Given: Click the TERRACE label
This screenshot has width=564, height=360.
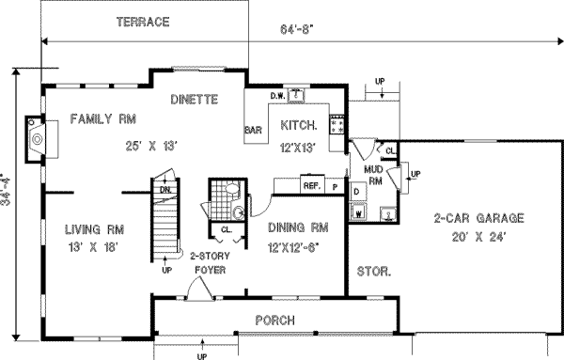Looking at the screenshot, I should tap(144, 21).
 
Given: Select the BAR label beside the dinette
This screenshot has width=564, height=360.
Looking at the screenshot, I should tap(252, 130).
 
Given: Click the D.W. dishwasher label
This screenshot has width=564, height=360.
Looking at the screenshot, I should tap(278, 95).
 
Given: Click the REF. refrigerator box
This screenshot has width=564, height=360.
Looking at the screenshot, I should tap(312, 186).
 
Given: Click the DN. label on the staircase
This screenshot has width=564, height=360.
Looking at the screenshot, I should tap(165, 190).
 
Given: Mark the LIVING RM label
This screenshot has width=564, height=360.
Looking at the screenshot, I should tap(94, 229).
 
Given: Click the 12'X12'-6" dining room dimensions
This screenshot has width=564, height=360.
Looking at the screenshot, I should tap(297, 245).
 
